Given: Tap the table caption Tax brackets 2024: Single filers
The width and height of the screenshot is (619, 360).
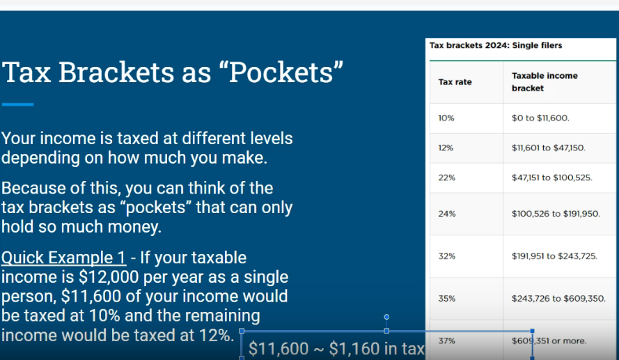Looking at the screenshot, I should click(496, 45).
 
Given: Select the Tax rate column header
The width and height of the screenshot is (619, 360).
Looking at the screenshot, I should click(455, 82).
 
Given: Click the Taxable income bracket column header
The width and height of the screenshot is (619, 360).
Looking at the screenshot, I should click(544, 82).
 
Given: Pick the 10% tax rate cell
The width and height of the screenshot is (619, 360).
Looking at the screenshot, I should click(446, 118).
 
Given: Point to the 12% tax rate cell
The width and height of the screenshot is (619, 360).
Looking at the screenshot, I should click(446, 148).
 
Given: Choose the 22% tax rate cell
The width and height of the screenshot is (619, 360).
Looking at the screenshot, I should click(446, 178).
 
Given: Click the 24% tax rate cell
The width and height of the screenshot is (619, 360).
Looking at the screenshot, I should click(446, 214).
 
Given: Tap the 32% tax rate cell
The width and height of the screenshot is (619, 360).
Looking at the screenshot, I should click(446, 256).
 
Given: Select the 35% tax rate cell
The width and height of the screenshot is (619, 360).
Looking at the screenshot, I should click(446, 299).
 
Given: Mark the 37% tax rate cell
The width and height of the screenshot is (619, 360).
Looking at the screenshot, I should click(446, 341).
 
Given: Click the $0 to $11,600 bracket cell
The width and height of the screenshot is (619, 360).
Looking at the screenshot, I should click(540, 118).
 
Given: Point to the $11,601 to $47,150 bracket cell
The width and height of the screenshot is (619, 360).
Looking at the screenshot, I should click(548, 148).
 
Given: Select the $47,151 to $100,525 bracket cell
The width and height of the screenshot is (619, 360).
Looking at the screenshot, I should click(552, 178).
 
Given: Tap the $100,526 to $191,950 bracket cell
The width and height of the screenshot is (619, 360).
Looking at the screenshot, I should click(556, 214).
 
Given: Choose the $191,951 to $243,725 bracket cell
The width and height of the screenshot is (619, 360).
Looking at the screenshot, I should click(554, 256).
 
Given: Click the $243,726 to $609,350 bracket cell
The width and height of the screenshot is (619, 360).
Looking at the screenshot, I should click(558, 299).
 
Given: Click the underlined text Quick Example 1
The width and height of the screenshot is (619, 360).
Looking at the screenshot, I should click(63, 258).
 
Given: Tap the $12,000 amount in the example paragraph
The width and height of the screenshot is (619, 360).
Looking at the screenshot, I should click(102, 277).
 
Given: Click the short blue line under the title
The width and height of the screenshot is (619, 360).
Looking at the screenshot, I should click(17, 104).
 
